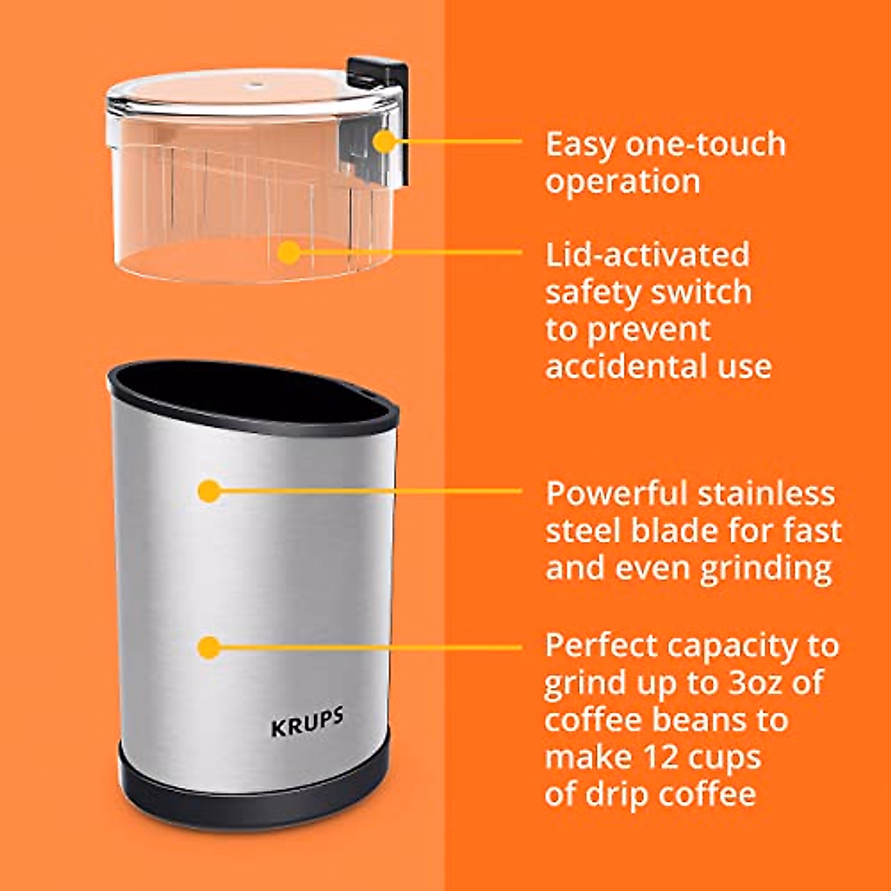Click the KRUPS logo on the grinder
pyautogui.click(x=307, y=722)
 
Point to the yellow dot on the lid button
pyautogui.click(x=385, y=140)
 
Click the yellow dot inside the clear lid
pyautogui.click(x=289, y=252)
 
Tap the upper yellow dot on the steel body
pyautogui.click(x=209, y=490)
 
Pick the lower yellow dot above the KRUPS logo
pyautogui.click(x=209, y=647)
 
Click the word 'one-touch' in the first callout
pyautogui.click(x=705, y=143)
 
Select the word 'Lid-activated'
pyautogui.click(x=647, y=255)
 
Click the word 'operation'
pyautogui.click(x=622, y=182)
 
